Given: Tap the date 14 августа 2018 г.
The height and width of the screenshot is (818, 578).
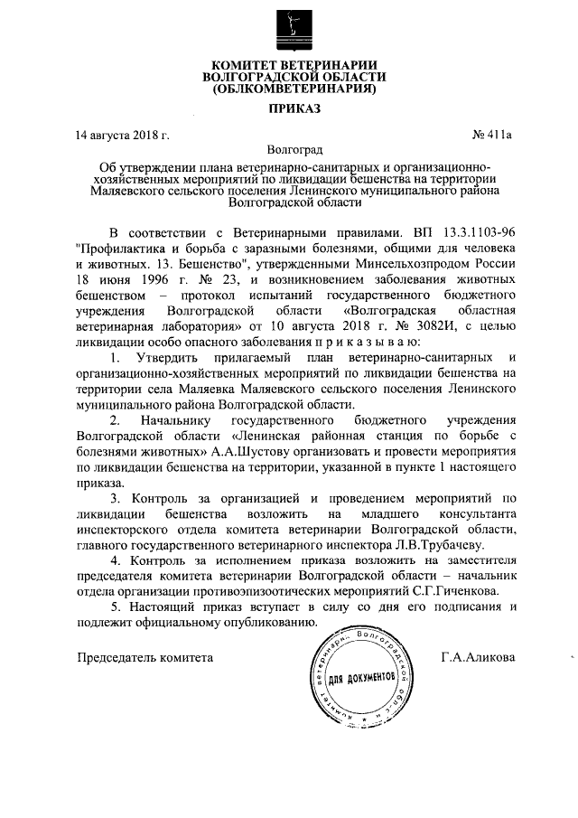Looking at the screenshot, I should [x=123, y=136].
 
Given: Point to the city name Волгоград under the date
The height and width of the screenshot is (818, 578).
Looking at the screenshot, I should [x=288, y=150].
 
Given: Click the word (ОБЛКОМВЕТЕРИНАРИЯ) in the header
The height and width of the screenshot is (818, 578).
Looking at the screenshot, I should [x=288, y=89].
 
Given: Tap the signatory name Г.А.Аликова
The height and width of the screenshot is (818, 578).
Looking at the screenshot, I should [x=479, y=657].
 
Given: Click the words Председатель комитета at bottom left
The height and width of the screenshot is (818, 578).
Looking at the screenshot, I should [x=144, y=657].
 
